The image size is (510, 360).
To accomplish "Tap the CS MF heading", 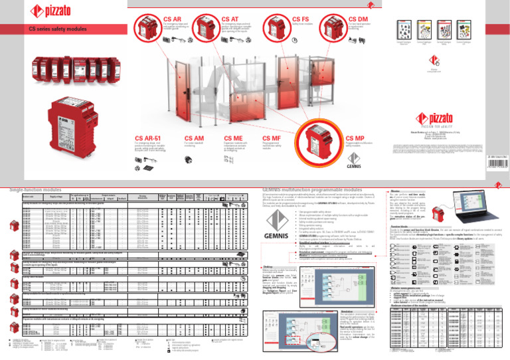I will point(273,139).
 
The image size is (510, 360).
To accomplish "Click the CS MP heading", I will point(356,139).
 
